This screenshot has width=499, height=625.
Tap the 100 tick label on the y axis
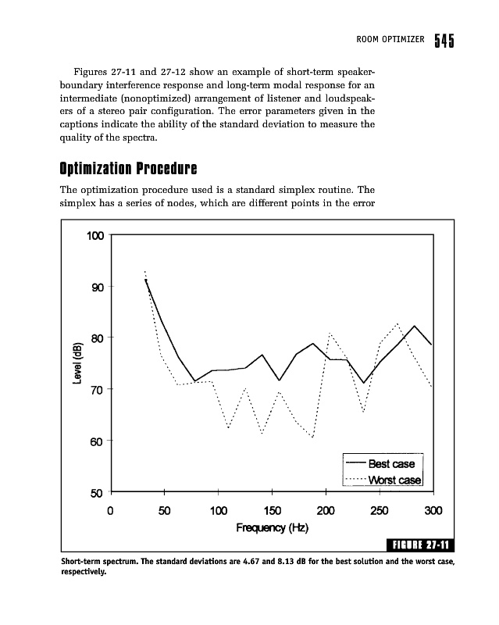94,235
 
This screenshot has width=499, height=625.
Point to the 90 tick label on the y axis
97,287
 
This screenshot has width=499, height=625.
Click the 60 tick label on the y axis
97,441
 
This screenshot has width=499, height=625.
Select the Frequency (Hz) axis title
273,529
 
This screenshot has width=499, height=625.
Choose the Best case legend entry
390,464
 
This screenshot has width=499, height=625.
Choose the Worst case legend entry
394,479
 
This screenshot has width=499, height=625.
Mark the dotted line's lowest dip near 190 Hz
312,437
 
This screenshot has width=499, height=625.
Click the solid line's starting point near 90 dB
146,279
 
